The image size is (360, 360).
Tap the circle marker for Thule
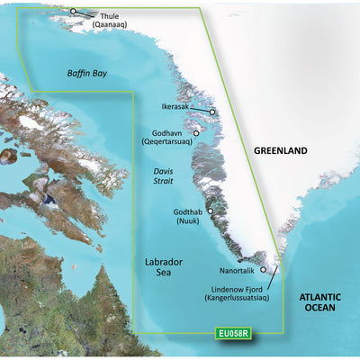click(x=74, y=11)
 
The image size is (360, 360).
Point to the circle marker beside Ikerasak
click(x=213, y=112)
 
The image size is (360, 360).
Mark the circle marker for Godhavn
click(x=196, y=131)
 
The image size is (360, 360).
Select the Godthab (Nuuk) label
click(x=186, y=217)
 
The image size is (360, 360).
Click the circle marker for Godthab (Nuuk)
click(x=210, y=211)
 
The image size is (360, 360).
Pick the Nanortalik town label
click(x=237, y=269)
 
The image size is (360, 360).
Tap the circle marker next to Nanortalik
click(x=263, y=269)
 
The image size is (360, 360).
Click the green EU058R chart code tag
click(x=233, y=337)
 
